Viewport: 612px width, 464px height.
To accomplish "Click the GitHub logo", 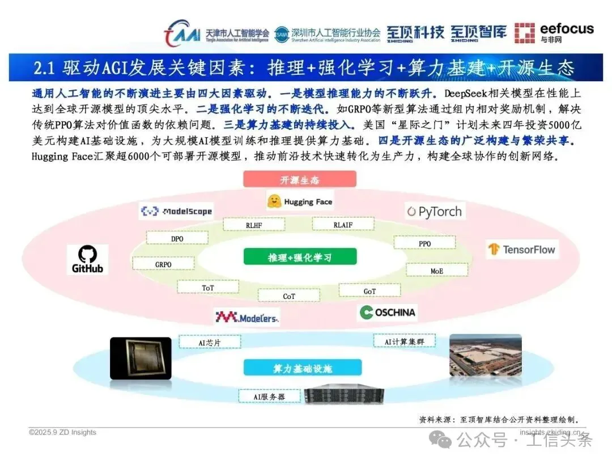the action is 87,259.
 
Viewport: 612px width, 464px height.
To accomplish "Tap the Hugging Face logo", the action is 300,201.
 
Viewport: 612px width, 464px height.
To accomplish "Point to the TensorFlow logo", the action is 522,249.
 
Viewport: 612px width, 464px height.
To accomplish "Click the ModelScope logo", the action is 176,212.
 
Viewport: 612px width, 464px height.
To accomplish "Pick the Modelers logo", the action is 246,317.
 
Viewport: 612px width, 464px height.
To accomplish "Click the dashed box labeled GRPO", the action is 163,264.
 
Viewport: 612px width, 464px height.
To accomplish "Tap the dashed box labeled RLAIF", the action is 343,225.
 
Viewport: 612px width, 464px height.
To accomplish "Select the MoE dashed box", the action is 437,271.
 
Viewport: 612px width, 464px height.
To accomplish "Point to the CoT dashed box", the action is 289,296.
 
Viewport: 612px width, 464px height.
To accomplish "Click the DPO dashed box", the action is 177,238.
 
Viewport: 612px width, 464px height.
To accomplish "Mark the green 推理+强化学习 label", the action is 300,257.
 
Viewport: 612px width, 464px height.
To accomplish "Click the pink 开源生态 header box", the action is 300,180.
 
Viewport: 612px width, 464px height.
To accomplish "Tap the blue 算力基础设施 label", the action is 303,368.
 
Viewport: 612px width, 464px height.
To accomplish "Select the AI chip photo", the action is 141,358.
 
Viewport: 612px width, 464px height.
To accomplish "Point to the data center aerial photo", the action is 485,355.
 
